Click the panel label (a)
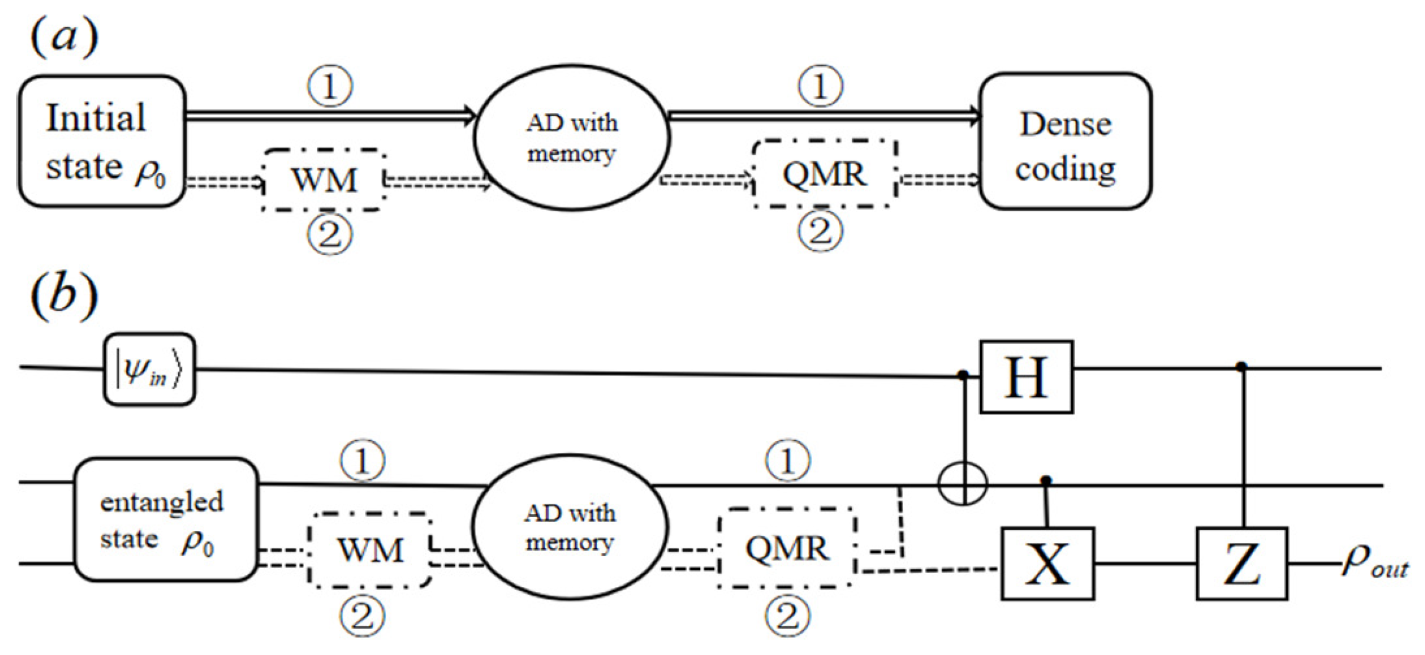(x=64, y=37)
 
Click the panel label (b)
(x=64, y=295)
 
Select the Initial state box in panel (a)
(x=102, y=142)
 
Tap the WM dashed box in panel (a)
(x=324, y=180)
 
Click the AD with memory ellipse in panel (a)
(x=571, y=138)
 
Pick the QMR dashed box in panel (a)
(x=824, y=174)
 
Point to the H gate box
(x=1026, y=377)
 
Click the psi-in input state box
(x=149, y=370)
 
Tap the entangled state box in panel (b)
(x=166, y=520)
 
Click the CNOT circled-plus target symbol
(x=963, y=484)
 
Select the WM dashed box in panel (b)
(x=370, y=550)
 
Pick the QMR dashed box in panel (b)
(x=786, y=548)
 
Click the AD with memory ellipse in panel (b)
(x=570, y=527)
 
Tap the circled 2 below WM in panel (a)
(x=330, y=235)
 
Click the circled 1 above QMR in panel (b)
(x=788, y=460)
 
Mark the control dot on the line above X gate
(x=1046, y=480)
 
